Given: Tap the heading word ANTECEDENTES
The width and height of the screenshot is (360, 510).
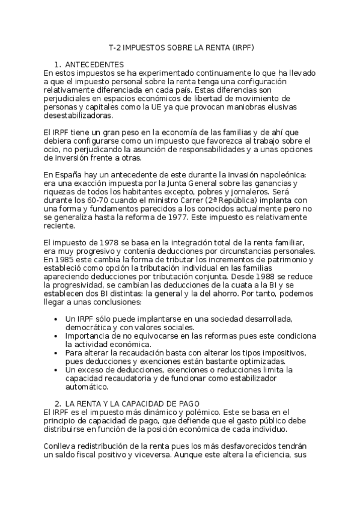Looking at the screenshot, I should [94, 64].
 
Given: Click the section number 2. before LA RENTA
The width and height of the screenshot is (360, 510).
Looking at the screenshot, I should [57, 402].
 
